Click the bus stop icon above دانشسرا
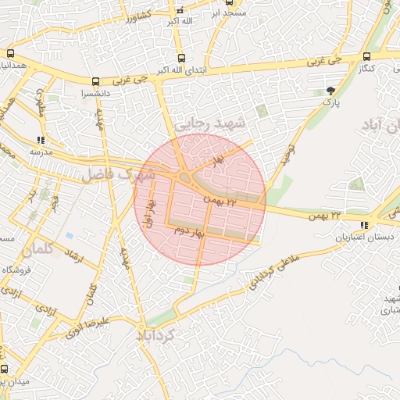pos(95,80)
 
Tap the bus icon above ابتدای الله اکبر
pos(182,58)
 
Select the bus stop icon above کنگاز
pos(366,56)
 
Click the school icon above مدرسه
pos(41,140)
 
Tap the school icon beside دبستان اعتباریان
pos(364,226)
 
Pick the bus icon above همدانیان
pos(10,54)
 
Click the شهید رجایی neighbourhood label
pos(209,123)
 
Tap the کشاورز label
pos(139,15)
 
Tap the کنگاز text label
pos(367,69)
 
